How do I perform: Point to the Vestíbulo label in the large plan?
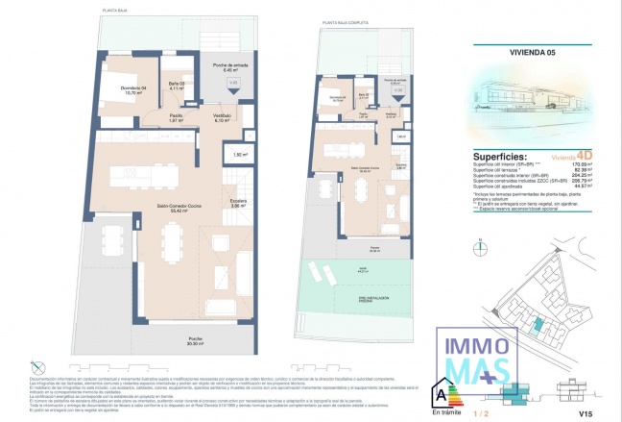224,117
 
